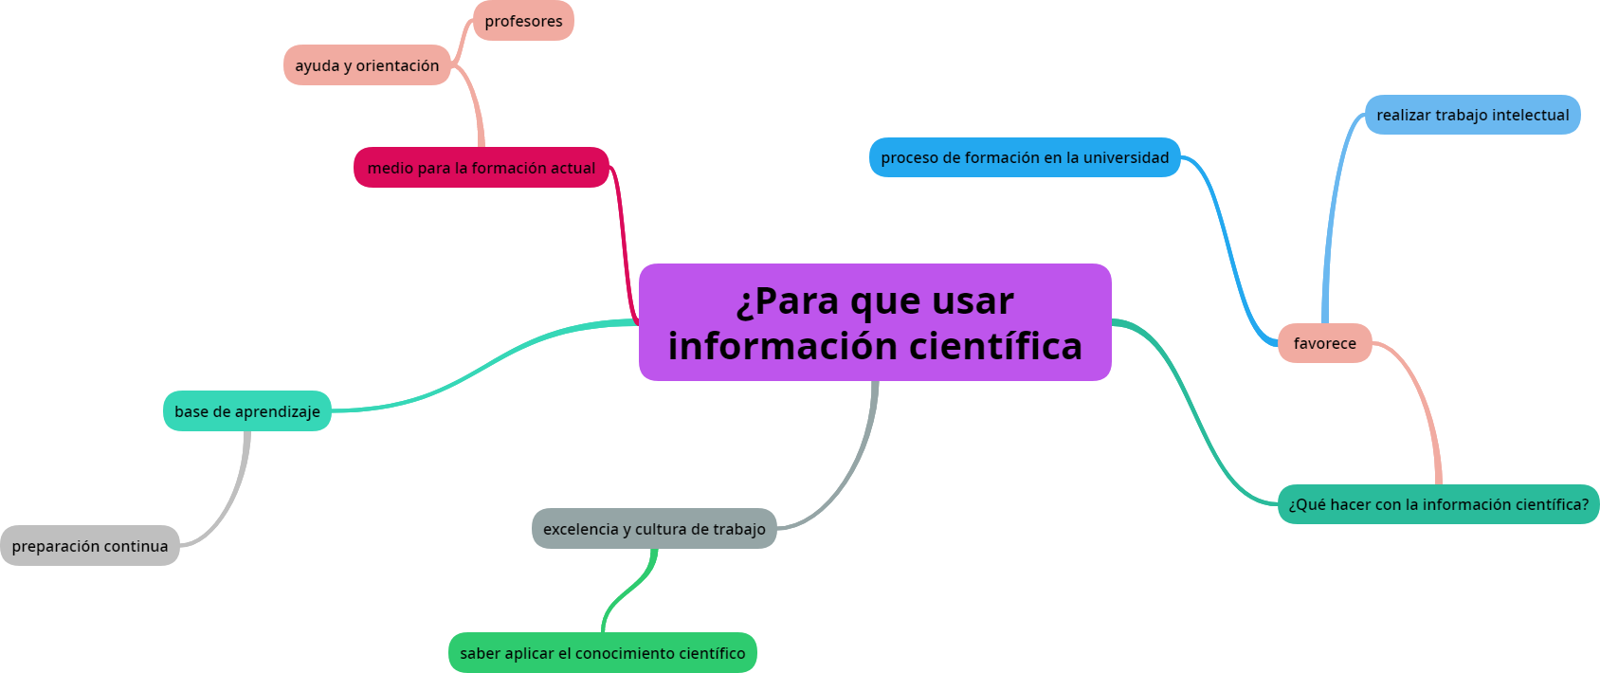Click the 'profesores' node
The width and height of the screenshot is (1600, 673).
pos(523,21)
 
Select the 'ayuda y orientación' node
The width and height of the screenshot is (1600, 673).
pos(367,65)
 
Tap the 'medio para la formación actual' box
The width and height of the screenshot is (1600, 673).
pos(482,168)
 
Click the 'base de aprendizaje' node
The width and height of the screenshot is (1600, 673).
pos(247,411)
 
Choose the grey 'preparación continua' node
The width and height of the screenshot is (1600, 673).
pos(90,546)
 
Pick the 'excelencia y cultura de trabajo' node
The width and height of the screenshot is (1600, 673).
pos(654,529)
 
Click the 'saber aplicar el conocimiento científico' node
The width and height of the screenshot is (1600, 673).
pos(602,653)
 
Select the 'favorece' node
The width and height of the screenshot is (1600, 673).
pos(1324,343)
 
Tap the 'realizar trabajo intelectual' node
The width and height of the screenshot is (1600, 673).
pos(1472,115)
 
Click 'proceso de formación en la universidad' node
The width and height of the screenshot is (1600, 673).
pos(1025,157)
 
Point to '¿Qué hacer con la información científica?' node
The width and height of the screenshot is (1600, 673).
pos(1438,504)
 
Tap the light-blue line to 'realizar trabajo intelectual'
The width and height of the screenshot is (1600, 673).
pos(1332,218)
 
